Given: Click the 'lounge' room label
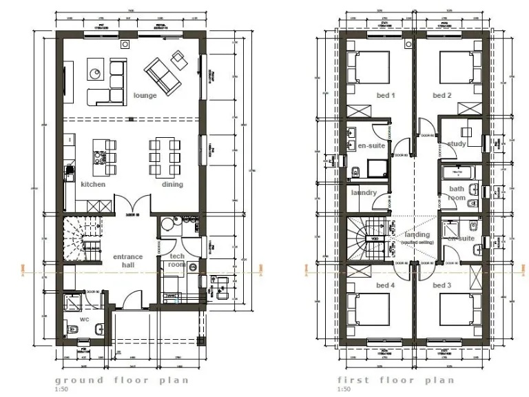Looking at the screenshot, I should [x=145, y=95].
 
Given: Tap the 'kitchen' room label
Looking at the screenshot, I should [x=93, y=185].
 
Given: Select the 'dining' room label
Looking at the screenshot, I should [x=172, y=185].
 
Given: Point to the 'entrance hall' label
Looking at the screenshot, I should [x=127, y=261].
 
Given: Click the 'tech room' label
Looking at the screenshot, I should [x=177, y=260].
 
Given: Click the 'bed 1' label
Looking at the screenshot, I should [x=384, y=95].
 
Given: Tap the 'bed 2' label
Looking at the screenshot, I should [x=442, y=95].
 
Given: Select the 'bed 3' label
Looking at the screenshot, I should [x=442, y=285].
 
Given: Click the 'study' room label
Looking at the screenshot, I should [x=456, y=144].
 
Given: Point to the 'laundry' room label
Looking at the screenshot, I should [x=364, y=193].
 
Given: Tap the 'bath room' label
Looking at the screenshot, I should [x=457, y=193].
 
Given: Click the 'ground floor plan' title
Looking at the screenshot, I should [x=121, y=380].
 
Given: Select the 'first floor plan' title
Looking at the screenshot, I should [x=396, y=380].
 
